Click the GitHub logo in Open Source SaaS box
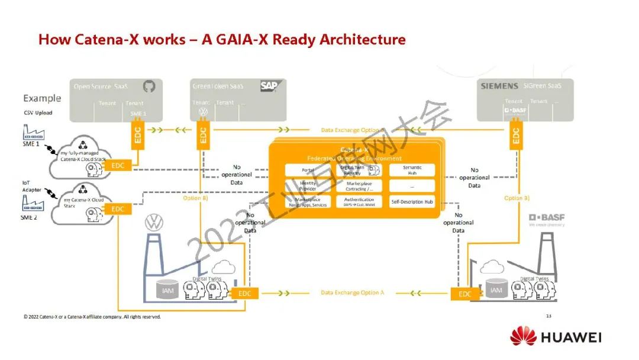(x=149, y=86)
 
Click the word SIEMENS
(x=499, y=86)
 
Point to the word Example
(x=42, y=98)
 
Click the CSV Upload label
(x=38, y=112)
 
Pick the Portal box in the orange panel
(x=308, y=170)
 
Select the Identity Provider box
(x=308, y=186)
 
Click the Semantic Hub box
(x=412, y=170)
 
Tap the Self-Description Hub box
(x=412, y=202)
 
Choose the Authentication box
(x=359, y=202)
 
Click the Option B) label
(x=195, y=198)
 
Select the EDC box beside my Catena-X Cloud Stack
(x=118, y=208)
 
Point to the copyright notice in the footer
(x=92, y=317)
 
